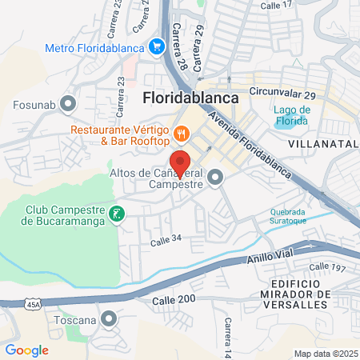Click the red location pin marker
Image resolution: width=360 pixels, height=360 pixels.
pyautogui.click(x=180, y=163)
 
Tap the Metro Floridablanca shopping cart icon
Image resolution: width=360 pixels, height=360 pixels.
pyautogui.click(x=158, y=48)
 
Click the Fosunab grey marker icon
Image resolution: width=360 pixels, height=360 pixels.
pyautogui.click(x=68, y=102)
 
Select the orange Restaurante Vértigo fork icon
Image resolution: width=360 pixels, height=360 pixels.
pyautogui.click(x=182, y=134)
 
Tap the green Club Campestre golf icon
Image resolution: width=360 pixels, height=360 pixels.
pyautogui.click(x=118, y=214)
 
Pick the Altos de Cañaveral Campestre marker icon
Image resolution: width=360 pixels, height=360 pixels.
pyautogui.click(x=214, y=178)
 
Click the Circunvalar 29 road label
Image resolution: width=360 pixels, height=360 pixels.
pyautogui.click(x=283, y=94)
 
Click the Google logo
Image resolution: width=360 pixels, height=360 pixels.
pyautogui.click(x=26, y=350)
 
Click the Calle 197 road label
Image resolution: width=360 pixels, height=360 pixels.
pyautogui.click(x=325, y=267)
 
